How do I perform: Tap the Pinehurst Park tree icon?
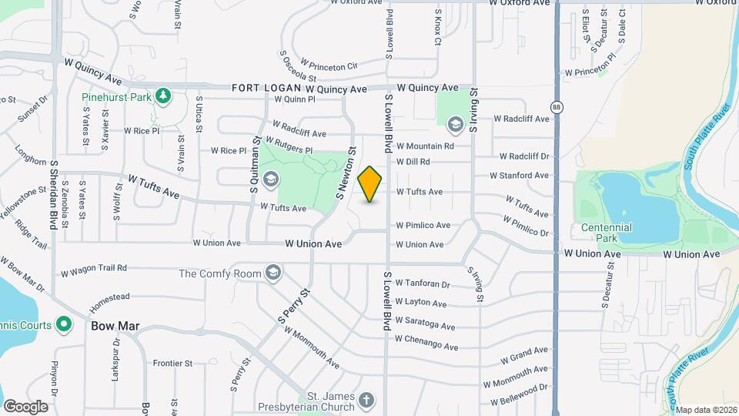coord(162,96)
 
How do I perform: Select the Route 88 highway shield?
coord(556,106)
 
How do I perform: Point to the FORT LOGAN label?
coord(260,89)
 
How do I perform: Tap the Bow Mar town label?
coord(115,326)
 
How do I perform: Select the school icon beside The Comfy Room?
coord(273,273)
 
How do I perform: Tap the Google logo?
coord(25,407)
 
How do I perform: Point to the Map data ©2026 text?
coord(706,410)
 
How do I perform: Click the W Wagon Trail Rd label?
coord(93,270)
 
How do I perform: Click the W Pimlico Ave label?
coord(423,226)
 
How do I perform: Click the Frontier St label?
coord(172,363)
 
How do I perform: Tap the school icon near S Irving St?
coord(455,123)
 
